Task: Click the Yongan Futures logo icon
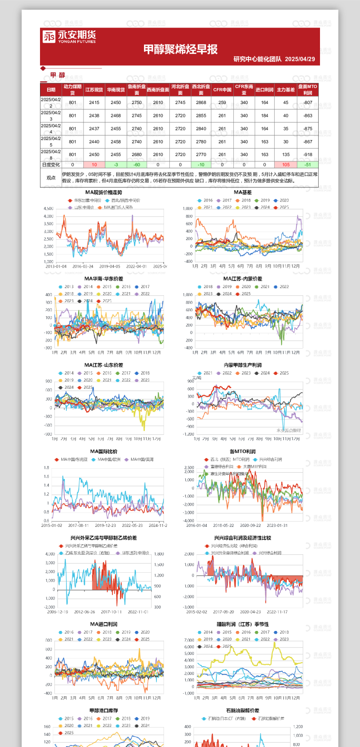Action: (49, 36)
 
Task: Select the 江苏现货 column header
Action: (94, 90)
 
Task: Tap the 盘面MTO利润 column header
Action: (308, 90)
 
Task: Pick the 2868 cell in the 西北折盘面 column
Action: (201, 103)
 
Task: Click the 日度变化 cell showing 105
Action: (286, 165)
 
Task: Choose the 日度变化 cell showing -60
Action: (136, 165)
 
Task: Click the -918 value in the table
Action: (308, 155)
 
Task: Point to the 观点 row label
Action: (51, 177)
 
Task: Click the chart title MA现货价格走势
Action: (104, 193)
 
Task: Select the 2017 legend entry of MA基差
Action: (227, 201)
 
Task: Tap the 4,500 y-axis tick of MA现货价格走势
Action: (48, 209)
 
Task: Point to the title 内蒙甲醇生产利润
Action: (243, 365)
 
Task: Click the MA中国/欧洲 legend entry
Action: (109, 459)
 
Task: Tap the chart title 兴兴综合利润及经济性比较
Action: (243, 538)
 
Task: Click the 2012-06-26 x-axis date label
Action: (85, 612)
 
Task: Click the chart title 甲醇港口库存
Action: (104, 711)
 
